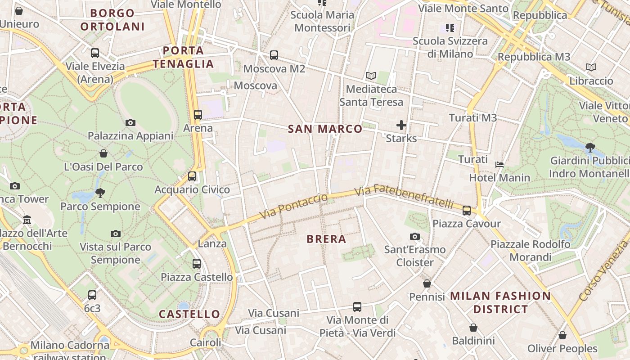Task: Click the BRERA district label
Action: pyautogui.click(x=326, y=239)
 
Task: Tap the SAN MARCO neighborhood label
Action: pyautogui.click(x=325, y=129)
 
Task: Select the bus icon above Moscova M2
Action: pyautogui.click(x=274, y=55)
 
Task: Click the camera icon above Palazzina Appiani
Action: pyautogui.click(x=130, y=122)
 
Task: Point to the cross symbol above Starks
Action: pyautogui.click(x=401, y=125)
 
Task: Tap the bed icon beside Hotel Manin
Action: pyautogui.click(x=499, y=165)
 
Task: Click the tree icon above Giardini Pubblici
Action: pyautogui.click(x=590, y=147)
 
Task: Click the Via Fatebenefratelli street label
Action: pyautogui.click(x=404, y=197)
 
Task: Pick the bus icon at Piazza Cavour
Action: pyautogui.click(x=467, y=210)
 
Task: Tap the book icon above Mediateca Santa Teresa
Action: pyautogui.click(x=371, y=76)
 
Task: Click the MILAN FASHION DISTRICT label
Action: pyautogui.click(x=500, y=302)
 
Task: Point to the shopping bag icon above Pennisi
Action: pyautogui.click(x=427, y=283)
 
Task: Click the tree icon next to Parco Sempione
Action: pyautogui.click(x=100, y=193)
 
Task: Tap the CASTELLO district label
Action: pyautogui.click(x=189, y=314)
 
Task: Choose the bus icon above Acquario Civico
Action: pyautogui.click(x=192, y=176)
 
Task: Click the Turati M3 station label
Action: pyautogui.click(x=473, y=118)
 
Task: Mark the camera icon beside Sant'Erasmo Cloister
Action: pyautogui.click(x=415, y=236)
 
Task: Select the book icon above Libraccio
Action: pyautogui.click(x=591, y=67)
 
